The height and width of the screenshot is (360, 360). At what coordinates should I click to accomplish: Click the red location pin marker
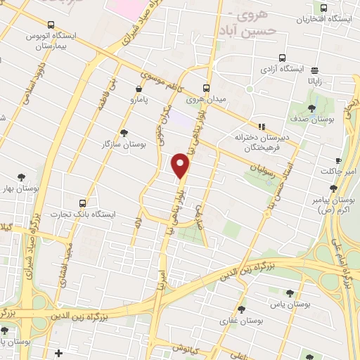click(181, 165)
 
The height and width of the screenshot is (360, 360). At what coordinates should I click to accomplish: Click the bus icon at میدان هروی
click(206, 89)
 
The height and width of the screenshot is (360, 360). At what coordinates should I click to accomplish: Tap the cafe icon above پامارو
click(139, 89)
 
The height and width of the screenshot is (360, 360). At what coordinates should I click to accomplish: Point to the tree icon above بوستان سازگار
click(124, 133)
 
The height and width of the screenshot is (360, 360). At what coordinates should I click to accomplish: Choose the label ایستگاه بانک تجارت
click(84, 213)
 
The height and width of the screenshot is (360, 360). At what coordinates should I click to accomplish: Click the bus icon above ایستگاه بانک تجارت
click(84, 202)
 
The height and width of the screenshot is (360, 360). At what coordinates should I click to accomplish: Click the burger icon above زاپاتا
click(314, 70)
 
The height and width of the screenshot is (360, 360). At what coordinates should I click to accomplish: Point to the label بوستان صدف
click(314, 120)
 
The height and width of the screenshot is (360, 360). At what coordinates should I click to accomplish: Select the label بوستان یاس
click(289, 304)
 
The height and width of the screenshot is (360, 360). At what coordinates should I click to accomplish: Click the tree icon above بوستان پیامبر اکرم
click(333, 188)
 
